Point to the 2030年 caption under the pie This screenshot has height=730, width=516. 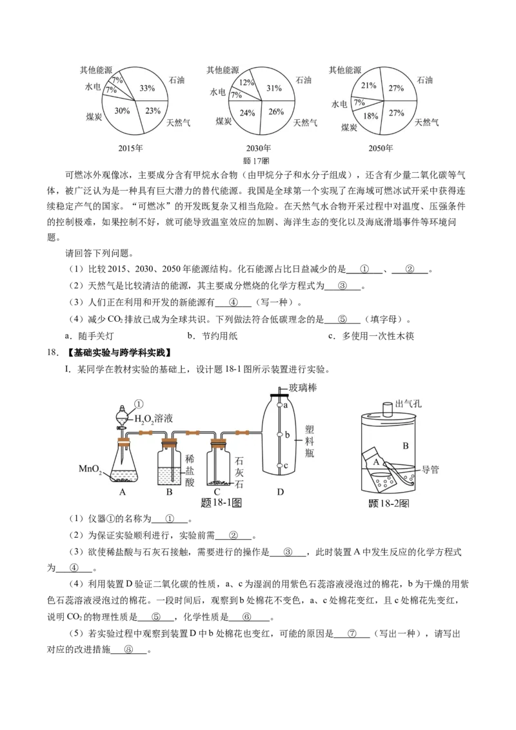coord(259,148)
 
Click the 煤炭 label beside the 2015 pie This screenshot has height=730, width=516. coord(94,117)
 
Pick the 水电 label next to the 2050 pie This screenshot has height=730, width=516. coord(339,104)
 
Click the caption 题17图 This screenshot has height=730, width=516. coord(257,161)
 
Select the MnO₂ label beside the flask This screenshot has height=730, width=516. coord(90,469)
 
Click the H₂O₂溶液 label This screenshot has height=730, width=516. coord(154,419)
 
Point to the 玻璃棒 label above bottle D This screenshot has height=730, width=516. coord(303,388)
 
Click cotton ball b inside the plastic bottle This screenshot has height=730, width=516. coord(279,435)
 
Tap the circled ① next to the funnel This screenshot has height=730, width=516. coord(138,404)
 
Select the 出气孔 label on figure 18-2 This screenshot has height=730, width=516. coord(408,404)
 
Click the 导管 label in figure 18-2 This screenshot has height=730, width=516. coord(430,469)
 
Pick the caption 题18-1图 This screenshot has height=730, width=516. coord(221,503)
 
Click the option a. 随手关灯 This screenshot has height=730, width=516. coord(89,336)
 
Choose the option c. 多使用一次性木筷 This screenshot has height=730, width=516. coord(371,336)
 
